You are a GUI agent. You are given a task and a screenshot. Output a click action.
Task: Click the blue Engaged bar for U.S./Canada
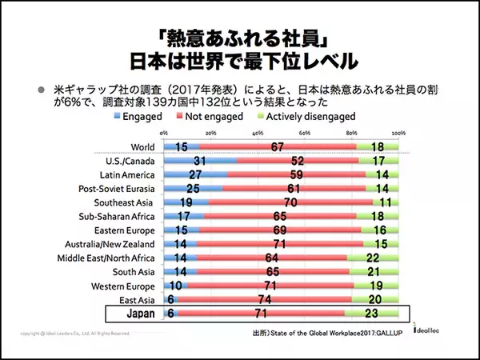coord(200,161)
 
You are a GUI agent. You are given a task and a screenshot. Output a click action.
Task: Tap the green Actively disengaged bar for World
coord(378,146)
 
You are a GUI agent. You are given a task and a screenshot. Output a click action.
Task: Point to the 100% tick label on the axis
coord(398,131)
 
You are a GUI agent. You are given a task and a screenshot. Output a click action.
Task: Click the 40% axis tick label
coord(258,131)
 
